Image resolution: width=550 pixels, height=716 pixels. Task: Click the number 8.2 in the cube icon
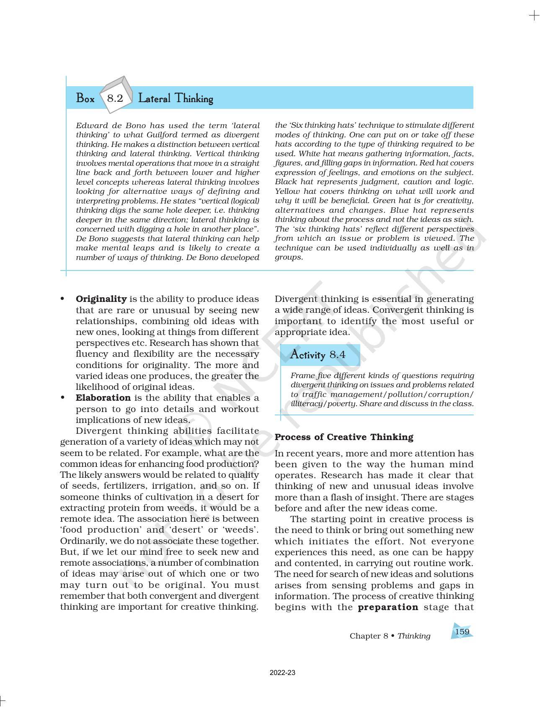pyautogui.click(x=115, y=98)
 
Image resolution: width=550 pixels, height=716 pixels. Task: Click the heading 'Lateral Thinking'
pyautogui.click(x=176, y=99)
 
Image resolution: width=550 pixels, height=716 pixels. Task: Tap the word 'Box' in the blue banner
pyautogui.click(x=85, y=99)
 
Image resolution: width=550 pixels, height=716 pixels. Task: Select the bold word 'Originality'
pyautogui.click(x=101, y=299)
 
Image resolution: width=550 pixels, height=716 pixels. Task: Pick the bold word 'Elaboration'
pyautogui.click(x=103, y=398)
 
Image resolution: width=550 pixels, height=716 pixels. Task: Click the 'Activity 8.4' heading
pyautogui.click(x=318, y=355)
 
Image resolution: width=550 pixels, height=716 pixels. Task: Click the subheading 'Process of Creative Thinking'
pyautogui.click(x=344, y=437)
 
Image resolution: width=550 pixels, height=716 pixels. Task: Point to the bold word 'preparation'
pyautogui.click(x=388, y=607)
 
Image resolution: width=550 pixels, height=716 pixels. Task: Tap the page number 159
pyautogui.click(x=462, y=631)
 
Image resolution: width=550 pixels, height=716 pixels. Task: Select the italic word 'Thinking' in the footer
pyautogui.click(x=414, y=636)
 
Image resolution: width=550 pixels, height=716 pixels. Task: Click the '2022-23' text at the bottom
pyautogui.click(x=282, y=673)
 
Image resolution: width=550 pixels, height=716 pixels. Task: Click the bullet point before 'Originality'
pyautogui.click(x=62, y=299)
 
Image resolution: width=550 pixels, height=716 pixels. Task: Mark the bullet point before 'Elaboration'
pyautogui.click(x=62, y=398)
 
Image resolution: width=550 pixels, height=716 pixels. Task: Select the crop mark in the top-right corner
pyautogui.click(x=534, y=16)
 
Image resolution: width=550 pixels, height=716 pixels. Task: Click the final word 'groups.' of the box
pyautogui.click(x=289, y=257)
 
